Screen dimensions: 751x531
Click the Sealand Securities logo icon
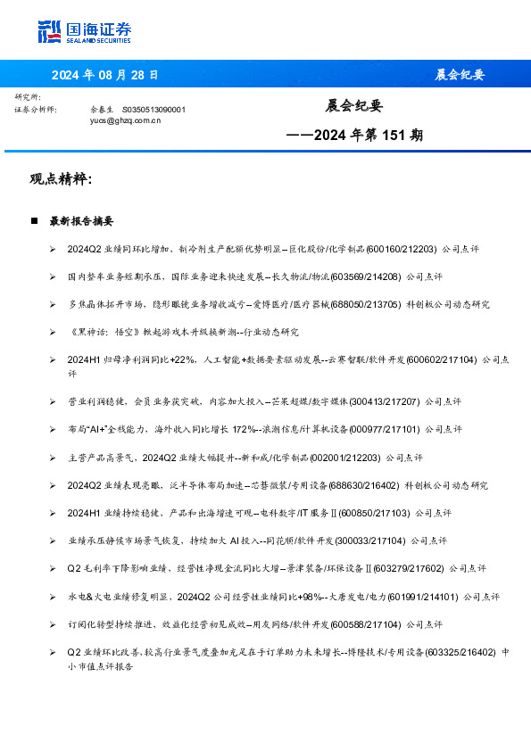coord(50,31)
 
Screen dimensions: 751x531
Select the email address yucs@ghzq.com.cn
coord(125,119)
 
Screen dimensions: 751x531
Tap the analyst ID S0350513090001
coord(153,109)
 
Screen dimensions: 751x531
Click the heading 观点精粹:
coord(61,179)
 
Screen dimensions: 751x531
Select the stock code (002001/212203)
coord(345,458)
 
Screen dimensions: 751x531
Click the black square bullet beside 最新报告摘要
coord(34,220)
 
